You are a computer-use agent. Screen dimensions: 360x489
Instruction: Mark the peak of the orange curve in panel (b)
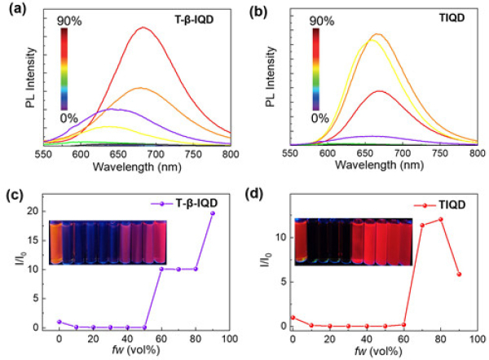377,34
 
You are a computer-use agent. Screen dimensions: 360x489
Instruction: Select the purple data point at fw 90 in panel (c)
212,213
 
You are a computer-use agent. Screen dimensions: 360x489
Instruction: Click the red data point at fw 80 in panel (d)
441,219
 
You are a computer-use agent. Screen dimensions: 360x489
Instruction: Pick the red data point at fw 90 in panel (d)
458,274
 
